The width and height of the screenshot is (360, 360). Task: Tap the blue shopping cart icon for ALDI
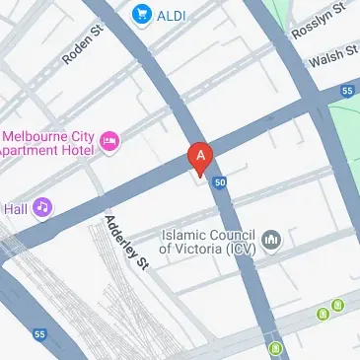(x=142, y=15)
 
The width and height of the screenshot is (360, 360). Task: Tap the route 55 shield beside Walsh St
(x=347, y=91)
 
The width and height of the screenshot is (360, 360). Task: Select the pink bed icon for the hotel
(x=110, y=143)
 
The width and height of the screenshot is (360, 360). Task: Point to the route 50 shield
(x=220, y=182)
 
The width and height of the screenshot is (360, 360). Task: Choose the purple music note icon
(x=41, y=207)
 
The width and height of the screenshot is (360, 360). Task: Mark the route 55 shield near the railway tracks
(x=38, y=333)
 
